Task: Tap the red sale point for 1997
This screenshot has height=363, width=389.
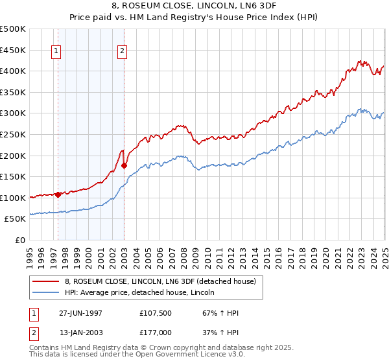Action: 58,194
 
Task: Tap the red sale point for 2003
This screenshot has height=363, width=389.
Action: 124,165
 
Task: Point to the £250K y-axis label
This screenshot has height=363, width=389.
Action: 13,134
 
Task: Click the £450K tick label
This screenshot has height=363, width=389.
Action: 13,50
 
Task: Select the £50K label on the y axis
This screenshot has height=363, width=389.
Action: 16,219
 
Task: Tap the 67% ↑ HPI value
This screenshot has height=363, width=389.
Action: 212,312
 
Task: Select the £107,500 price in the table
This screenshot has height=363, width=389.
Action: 154,312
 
